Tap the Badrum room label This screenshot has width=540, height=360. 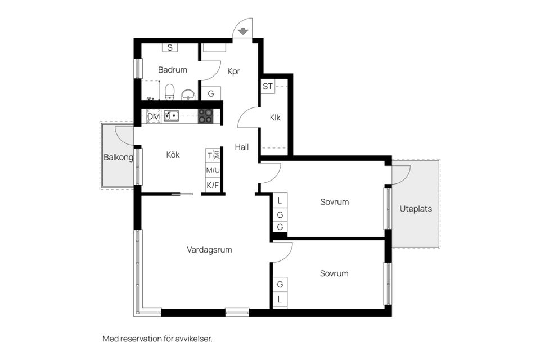click(x=173, y=70)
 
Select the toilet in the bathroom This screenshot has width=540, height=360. click(x=170, y=92)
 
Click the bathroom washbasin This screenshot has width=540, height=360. click(x=188, y=94)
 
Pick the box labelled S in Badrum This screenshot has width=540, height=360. click(x=170, y=48)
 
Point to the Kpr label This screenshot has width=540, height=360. click(x=233, y=71)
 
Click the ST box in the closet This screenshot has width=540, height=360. click(x=268, y=87)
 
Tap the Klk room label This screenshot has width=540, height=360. click(x=275, y=118)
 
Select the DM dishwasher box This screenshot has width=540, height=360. click(x=154, y=116)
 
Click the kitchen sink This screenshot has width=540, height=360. click(x=171, y=116)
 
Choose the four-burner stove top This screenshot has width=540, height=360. click(x=206, y=116)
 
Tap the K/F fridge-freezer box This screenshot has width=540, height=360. click(x=213, y=184)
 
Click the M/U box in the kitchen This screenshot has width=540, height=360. click(x=213, y=170)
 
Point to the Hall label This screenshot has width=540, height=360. click(x=242, y=147)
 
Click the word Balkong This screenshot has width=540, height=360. click(x=118, y=157)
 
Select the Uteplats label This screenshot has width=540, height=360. click(x=416, y=209)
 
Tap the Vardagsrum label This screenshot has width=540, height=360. click(x=209, y=249)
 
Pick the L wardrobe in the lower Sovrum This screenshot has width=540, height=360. click(x=280, y=300)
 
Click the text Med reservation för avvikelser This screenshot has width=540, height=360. click(x=157, y=339)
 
